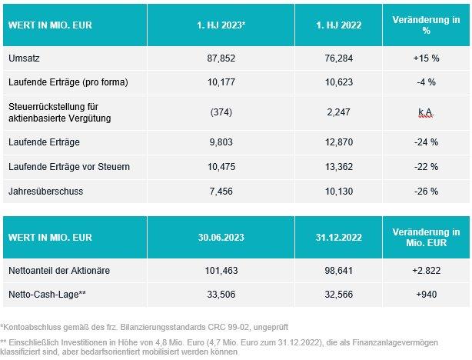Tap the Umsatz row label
[x=22, y=58]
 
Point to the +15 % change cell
[x=425, y=58]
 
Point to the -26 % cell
[x=425, y=190]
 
